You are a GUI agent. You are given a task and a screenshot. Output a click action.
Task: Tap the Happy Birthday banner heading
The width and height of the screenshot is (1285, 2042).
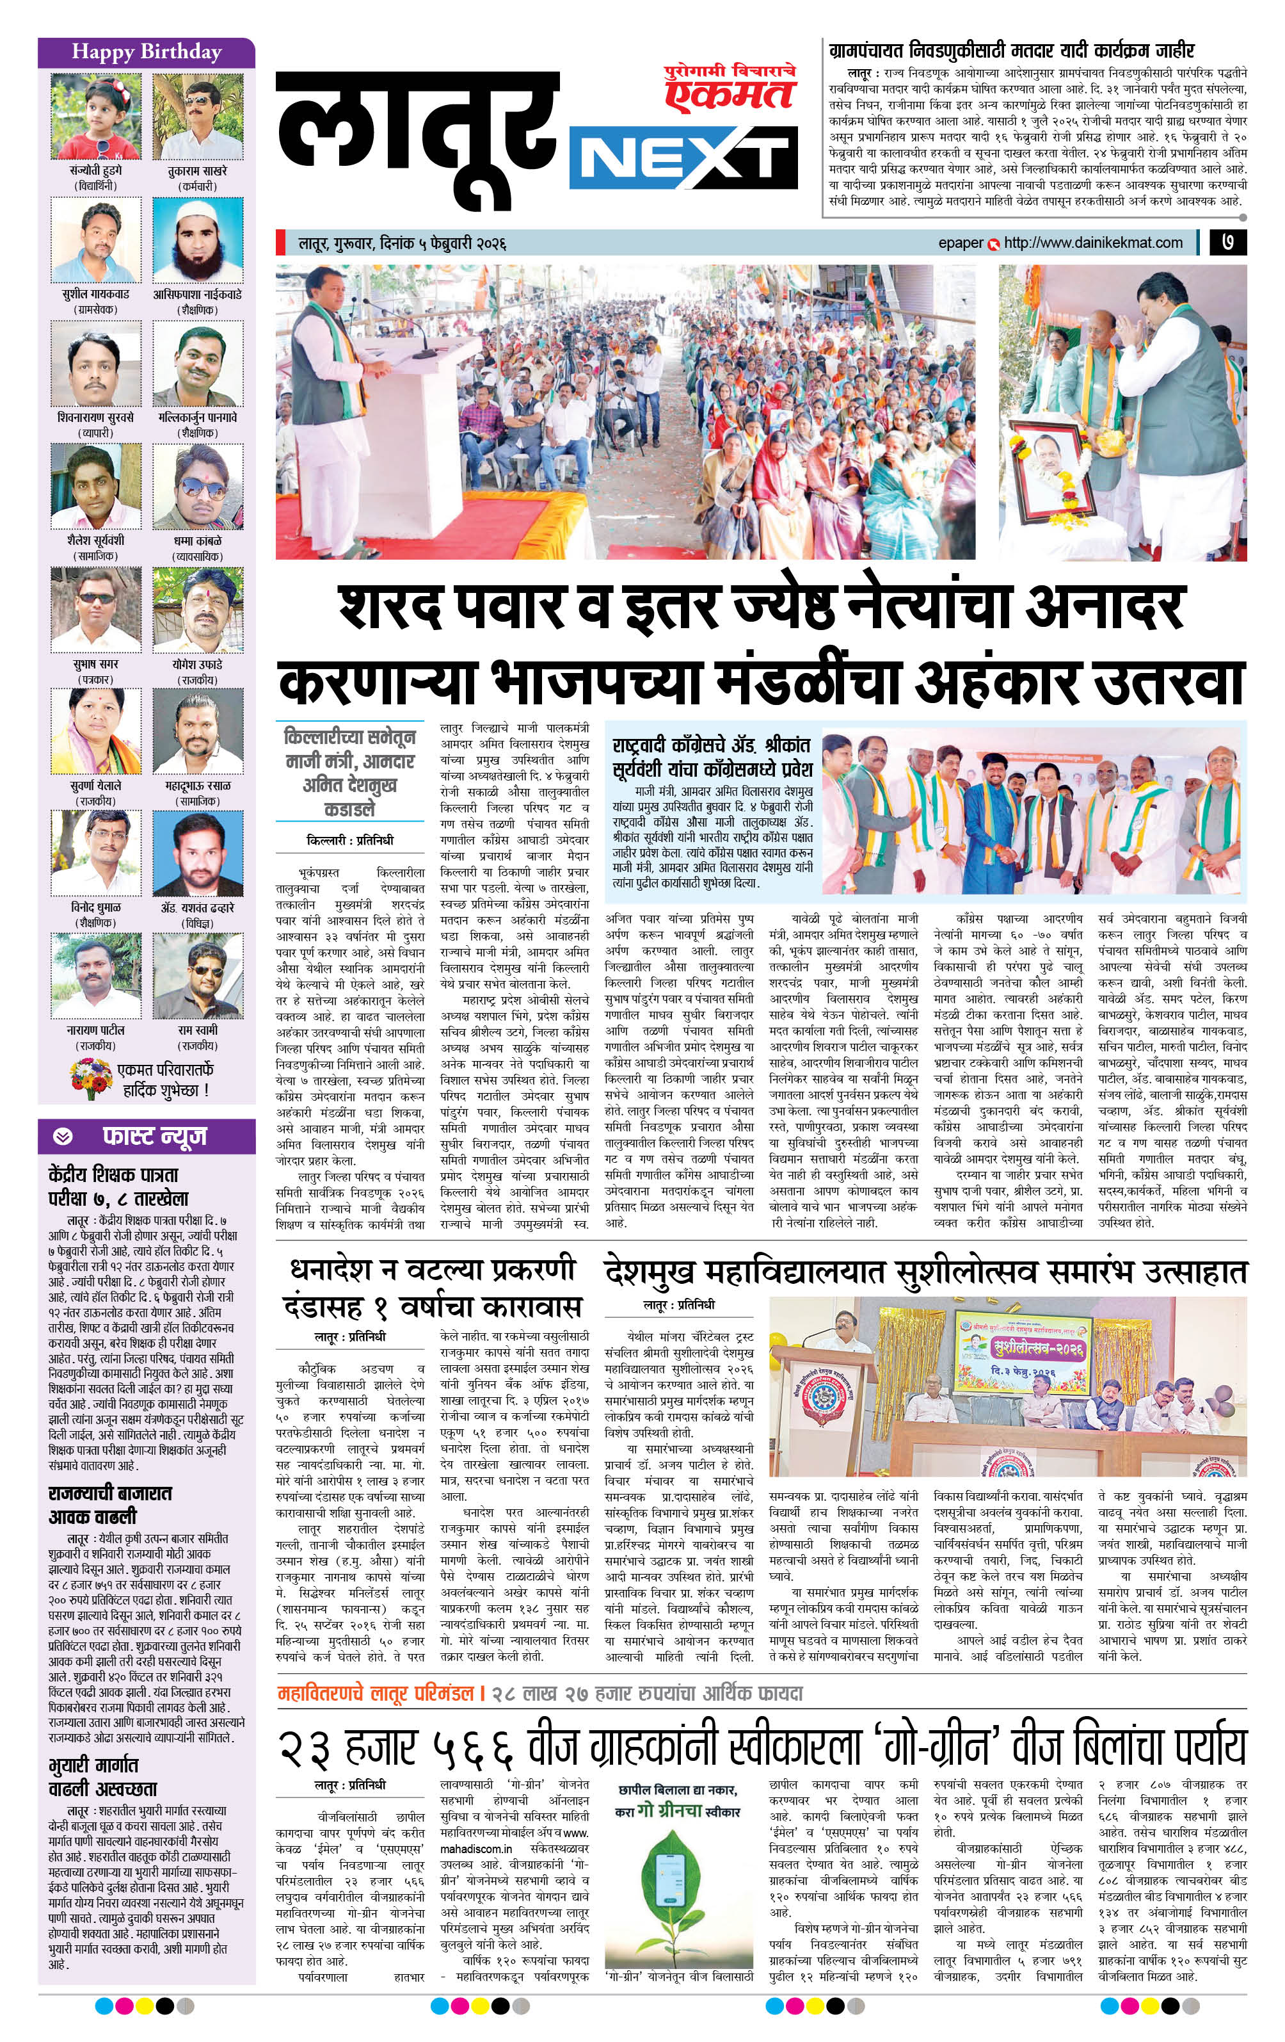pos(146,52)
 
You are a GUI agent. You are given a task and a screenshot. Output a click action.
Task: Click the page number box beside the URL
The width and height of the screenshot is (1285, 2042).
pos(1227,243)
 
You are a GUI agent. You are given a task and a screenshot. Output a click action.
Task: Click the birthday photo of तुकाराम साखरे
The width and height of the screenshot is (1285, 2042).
pos(198,116)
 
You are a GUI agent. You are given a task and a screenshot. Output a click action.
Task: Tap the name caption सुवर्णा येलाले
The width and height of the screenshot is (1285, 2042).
pos(95,786)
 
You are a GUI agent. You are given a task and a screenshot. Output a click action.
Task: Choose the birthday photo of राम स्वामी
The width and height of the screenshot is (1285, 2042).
pos(198,975)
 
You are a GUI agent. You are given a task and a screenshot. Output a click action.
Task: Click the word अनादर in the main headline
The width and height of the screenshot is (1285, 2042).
pos(1103,606)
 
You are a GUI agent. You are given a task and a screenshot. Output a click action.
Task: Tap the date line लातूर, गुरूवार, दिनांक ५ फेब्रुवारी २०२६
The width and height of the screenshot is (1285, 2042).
pos(402,243)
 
